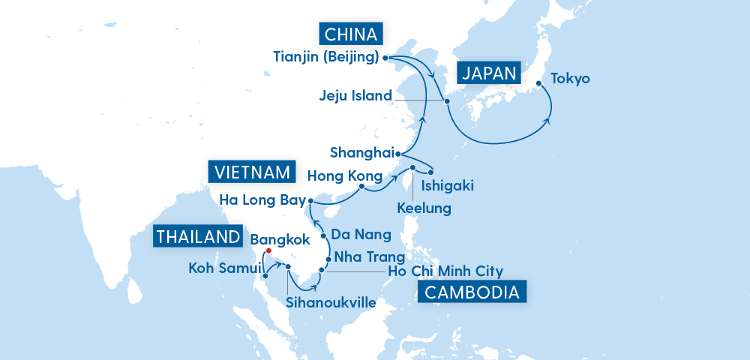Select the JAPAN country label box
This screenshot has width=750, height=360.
pyautogui.click(x=488, y=73)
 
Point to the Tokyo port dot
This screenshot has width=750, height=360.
pyautogui.click(x=538, y=84)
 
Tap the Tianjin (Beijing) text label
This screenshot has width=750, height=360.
pyautogui.click(x=327, y=56)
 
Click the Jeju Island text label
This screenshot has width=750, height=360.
pyautogui.click(x=355, y=96)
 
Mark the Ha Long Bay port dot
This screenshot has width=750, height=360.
pyautogui.click(x=310, y=200)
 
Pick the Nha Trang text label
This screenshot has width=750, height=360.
pyautogui.click(x=364, y=256)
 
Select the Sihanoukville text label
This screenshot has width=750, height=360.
pyautogui.click(x=330, y=302)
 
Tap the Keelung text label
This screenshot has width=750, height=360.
pyautogui.click(x=424, y=206)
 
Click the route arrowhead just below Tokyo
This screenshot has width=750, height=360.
pyautogui.click(x=550, y=120)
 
